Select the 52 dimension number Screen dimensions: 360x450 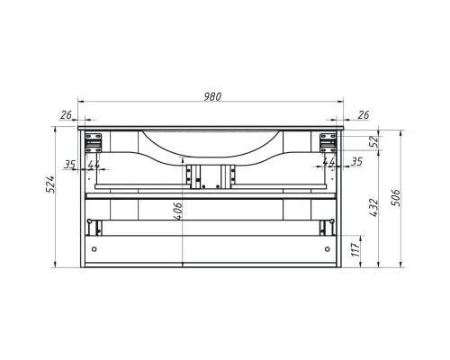373,141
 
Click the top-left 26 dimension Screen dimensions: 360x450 66,114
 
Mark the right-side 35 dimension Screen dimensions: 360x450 356,162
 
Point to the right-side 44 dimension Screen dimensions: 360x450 329,162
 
